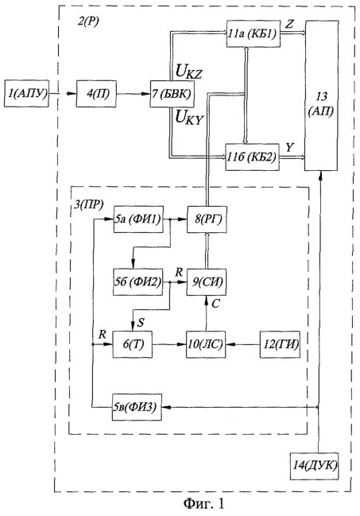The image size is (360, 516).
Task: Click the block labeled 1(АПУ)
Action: tap(27, 94)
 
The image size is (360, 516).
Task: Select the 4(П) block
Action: tap(96, 94)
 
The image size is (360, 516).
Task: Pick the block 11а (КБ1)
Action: tap(254, 34)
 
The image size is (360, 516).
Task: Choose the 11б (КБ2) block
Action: tap(253, 157)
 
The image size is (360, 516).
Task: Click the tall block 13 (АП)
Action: tap(322, 95)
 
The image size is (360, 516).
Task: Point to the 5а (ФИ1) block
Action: tap(138, 219)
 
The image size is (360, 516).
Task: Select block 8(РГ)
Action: tap(207, 219)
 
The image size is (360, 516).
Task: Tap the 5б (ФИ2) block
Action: tap(137, 282)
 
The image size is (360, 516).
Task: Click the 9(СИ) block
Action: tap(207, 282)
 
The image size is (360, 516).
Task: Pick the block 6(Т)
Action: tap(133, 344)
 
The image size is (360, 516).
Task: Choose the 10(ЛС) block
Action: tap(206, 344)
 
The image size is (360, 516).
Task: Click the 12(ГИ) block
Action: tap(280, 344)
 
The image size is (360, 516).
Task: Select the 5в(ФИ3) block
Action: tap(137, 407)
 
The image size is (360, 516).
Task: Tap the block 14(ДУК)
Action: tap(314, 466)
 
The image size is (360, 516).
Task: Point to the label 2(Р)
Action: tap(88, 21)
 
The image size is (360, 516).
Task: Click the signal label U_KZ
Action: tap(188, 72)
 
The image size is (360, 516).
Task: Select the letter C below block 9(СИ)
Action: tap(215, 304)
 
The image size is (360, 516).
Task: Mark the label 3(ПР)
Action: tap(88, 204)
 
